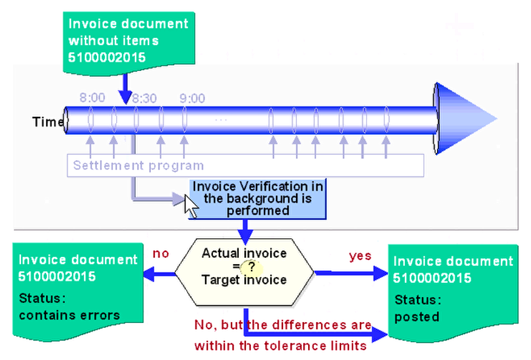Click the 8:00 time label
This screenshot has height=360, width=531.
[x=92, y=98]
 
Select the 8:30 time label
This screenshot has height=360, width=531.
[x=144, y=98]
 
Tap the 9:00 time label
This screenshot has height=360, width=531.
[x=192, y=98]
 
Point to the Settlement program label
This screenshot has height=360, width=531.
[x=138, y=166]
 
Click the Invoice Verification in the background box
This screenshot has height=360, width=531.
[x=257, y=198]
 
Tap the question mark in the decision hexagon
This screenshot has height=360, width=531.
[x=251, y=266]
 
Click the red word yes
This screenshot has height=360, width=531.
[x=360, y=256]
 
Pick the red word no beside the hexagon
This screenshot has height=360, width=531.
[x=161, y=254]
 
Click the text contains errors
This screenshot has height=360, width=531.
[x=69, y=315]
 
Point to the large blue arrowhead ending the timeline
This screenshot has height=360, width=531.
[x=464, y=118]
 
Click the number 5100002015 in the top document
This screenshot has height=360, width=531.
[x=107, y=57]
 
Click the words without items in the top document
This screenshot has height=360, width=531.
[x=113, y=41]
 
